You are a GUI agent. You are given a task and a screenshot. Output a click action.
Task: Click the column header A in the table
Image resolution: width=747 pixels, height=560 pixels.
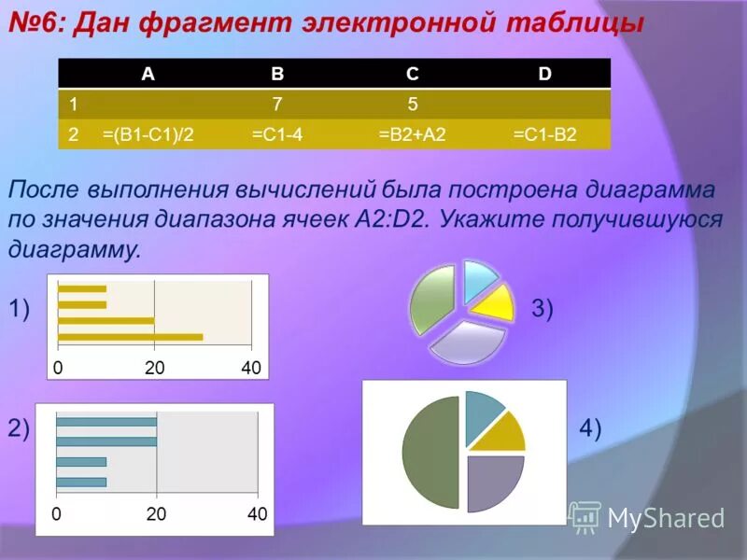pos(148,76)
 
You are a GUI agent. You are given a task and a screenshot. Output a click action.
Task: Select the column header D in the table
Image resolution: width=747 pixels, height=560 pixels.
pos(544,76)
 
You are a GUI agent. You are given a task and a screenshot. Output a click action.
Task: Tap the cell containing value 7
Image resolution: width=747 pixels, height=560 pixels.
pos(277,105)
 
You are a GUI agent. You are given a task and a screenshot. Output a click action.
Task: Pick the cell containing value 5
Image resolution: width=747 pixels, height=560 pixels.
pos(412,105)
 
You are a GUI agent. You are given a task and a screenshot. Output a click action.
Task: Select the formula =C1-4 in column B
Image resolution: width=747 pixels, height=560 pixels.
pos(276,134)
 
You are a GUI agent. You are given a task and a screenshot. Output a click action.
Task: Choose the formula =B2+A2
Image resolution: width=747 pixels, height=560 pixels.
pos(412,134)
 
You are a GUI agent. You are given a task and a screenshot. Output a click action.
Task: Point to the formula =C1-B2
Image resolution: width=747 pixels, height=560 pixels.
pos(545,134)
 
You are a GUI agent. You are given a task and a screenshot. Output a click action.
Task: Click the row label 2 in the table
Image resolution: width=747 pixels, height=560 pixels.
pos(73,134)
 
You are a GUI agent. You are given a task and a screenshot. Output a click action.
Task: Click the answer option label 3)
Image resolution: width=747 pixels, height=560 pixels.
pos(543,309)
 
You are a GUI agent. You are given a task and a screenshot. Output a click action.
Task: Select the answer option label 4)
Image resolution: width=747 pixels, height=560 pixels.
pos(590,428)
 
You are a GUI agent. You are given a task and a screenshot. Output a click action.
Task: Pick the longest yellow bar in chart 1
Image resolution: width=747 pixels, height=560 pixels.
pos(130,336)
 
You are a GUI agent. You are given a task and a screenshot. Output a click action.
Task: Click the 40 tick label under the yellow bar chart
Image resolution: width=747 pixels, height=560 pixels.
pos(250,368)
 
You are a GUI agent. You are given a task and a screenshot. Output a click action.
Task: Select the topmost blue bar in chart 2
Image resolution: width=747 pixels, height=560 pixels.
pos(106,422)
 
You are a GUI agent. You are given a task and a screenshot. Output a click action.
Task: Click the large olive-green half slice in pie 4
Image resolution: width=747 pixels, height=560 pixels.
pos(430,453)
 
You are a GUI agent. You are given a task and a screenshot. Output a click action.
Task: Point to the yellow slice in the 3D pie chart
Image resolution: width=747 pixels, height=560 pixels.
pos(493,302)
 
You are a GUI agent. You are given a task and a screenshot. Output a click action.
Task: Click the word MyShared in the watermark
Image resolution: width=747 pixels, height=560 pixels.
pos(665,518)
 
